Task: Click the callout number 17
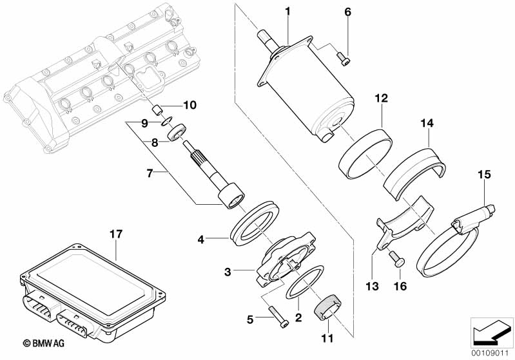(x=116, y=234)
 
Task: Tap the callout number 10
(x=189, y=105)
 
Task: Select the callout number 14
(x=427, y=124)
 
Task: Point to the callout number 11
(x=327, y=338)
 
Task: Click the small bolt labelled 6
(x=344, y=60)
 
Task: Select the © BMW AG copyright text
(x=43, y=343)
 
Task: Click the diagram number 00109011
(x=492, y=354)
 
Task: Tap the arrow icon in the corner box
(x=491, y=332)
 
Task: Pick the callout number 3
(x=228, y=272)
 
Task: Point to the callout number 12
(x=382, y=98)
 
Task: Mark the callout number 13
(x=372, y=286)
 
